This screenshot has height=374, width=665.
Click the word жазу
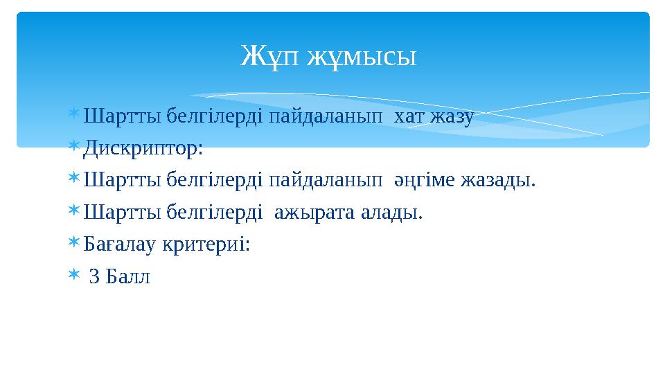451,118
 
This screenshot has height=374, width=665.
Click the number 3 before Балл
94,276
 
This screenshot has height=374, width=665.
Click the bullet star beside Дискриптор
74,148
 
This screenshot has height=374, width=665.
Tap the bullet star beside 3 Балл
74,276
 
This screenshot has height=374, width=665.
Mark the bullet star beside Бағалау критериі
74,244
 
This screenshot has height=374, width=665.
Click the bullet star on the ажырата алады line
74,211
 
